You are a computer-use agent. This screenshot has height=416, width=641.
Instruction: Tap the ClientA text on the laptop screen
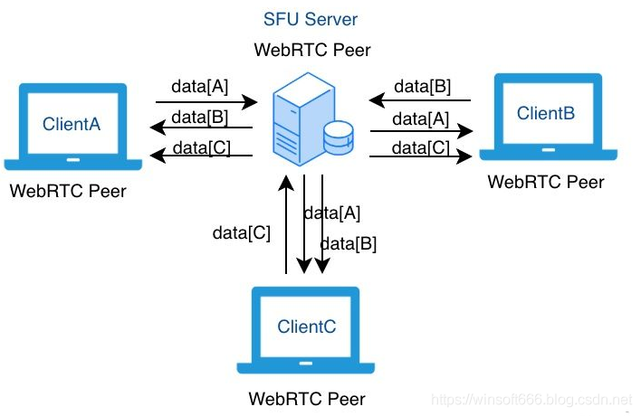(72, 123)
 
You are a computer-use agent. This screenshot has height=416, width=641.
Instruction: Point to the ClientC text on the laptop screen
(307, 326)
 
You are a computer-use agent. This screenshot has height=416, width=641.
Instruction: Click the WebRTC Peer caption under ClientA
(68, 191)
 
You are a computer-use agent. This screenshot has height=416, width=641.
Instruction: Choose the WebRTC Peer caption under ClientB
(546, 182)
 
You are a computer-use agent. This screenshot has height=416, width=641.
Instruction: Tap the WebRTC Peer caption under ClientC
(307, 398)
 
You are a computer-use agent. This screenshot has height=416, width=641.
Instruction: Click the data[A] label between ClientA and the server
(199, 87)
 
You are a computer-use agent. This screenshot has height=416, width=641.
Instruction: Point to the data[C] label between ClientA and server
(199, 147)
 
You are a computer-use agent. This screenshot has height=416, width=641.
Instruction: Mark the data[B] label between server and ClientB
(424, 87)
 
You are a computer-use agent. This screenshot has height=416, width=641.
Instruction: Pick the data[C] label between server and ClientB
(424, 147)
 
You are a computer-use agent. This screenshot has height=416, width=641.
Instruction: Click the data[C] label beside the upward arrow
(241, 232)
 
